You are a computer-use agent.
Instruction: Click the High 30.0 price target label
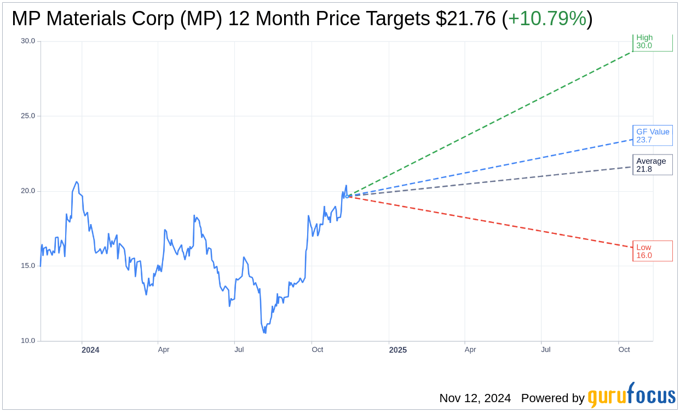652,42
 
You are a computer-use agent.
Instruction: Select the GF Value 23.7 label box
652,135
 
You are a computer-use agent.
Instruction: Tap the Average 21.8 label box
652,165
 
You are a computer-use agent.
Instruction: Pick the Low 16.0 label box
652,251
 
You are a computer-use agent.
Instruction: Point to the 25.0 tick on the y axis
27,116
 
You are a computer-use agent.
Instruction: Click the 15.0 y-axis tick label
27,266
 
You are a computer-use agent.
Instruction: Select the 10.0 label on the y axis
27,341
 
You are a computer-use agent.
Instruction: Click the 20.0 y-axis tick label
27,191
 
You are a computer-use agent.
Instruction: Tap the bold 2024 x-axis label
90,350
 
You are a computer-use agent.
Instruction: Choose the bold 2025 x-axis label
397,350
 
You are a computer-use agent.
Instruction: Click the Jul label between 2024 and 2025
239,349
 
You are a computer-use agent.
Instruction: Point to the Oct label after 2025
624,349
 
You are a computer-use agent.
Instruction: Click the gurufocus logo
631,396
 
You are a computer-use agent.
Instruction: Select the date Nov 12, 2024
475,398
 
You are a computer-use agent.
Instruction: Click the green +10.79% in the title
547,19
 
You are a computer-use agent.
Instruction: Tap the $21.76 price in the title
466,19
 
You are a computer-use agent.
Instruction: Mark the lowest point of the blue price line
265,333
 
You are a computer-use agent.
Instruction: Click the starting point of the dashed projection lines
348,196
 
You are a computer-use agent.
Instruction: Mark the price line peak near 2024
77,182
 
